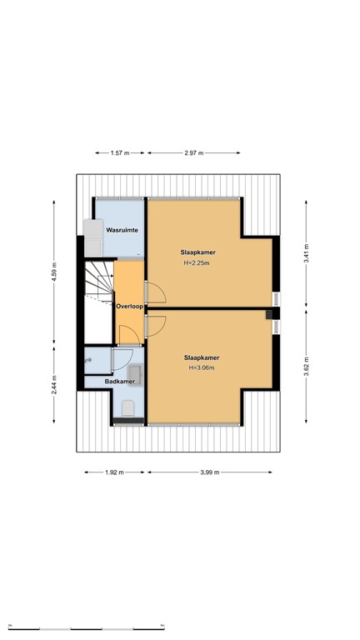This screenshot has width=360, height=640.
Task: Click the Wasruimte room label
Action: pyautogui.click(x=122, y=227)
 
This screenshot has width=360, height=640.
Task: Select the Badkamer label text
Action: pyautogui.click(x=120, y=382)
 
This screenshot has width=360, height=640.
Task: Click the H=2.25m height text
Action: pyautogui.click(x=196, y=263)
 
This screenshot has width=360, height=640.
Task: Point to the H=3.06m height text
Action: pyautogui.click(x=202, y=367)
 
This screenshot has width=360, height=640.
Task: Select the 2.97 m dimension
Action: pyautogui.click(x=195, y=153)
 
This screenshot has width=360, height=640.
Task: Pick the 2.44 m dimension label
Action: pyautogui.click(x=54, y=384)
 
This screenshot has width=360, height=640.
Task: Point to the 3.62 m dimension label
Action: pyautogui.click(x=307, y=367)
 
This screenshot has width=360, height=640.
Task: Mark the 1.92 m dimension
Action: pyautogui.click(x=113, y=472)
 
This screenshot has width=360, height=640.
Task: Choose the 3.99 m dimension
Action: pyautogui.click(x=209, y=472)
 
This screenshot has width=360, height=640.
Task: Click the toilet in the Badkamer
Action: pyautogui.click(x=127, y=407)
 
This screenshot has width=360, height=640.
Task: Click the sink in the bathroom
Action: pyautogui.click(x=89, y=360)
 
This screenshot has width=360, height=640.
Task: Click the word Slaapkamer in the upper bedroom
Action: pyautogui.click(x=196, y=252)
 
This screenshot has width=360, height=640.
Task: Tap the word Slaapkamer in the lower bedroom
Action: pyautogui.click(x=202, y=357)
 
